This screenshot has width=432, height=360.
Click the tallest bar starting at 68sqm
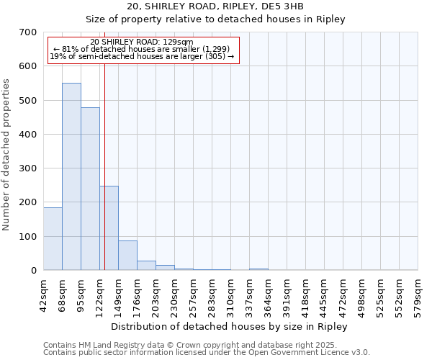pos(71,176)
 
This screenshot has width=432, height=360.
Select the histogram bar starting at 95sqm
pos(90,189)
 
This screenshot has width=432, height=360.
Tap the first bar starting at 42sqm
pos(53,238)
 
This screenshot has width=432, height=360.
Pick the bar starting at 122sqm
pos(109,228)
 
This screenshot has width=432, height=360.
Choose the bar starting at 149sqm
pos(127,255)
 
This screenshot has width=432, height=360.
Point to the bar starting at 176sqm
pos(146,265)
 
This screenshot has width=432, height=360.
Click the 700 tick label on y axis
pos(28,32)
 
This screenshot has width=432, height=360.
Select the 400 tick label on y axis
pos(28,135)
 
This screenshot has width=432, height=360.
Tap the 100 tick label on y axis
pos(28,237)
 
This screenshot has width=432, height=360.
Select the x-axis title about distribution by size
pos(230,326)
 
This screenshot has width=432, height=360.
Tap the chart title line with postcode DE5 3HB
pos(215,6)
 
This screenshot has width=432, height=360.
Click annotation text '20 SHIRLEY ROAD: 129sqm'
pos(142,42)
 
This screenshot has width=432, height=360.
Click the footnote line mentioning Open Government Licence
pos(207,353)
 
